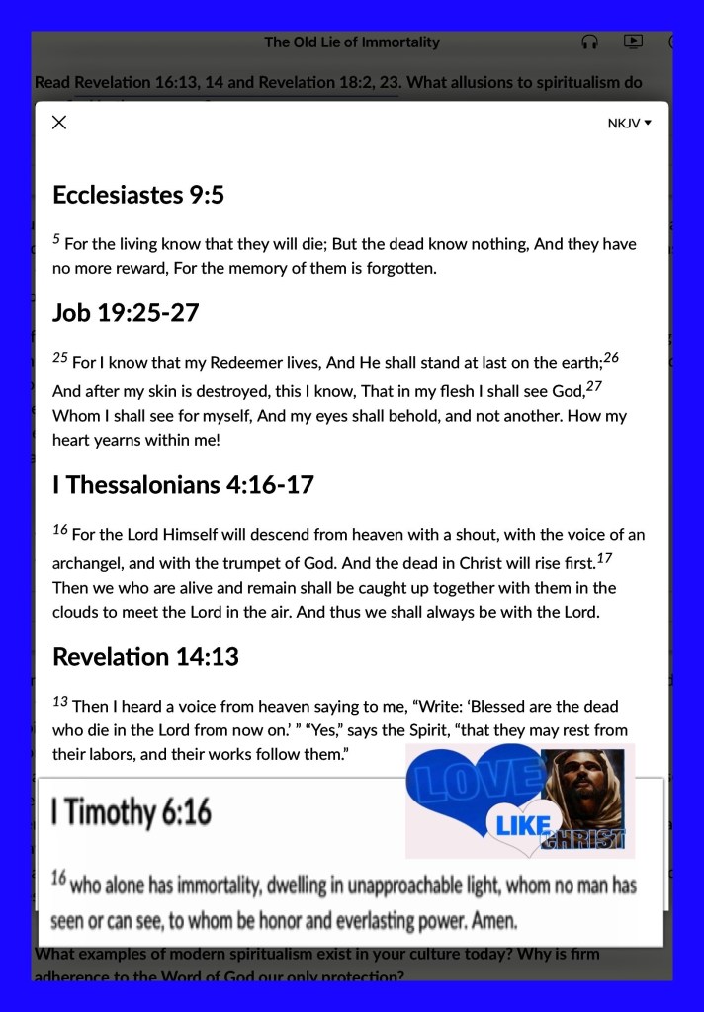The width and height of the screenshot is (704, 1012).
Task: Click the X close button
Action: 59,123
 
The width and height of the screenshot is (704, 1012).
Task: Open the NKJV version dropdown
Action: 630,124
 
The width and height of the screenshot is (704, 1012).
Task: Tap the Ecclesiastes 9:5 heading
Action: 138,195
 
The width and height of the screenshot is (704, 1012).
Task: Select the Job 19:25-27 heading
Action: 126,313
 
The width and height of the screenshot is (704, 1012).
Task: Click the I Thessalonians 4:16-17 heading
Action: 183,485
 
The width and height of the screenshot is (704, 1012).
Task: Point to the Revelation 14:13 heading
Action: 145,656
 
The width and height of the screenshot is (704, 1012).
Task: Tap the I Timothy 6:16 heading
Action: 132,812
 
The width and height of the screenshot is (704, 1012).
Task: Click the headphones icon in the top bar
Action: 589,42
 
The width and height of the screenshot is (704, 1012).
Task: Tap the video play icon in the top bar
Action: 633,42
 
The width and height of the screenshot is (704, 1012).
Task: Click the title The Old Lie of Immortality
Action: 352,42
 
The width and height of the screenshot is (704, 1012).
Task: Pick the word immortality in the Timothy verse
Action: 244,885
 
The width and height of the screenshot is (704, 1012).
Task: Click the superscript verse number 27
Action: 594,386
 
